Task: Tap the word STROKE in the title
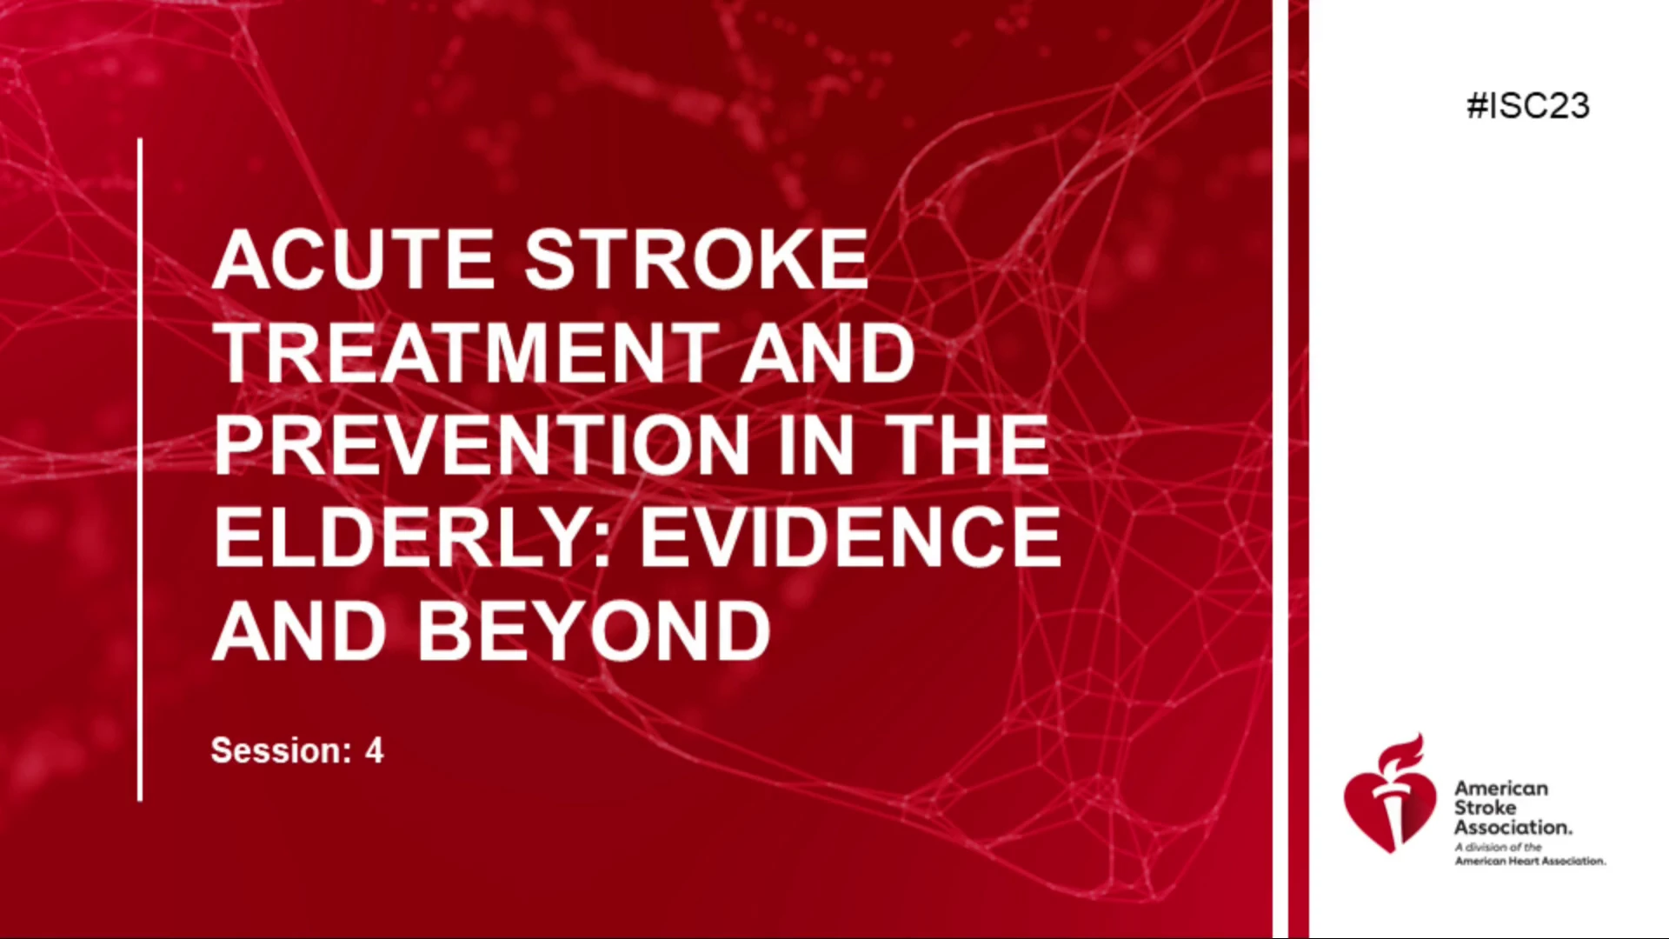click(696, 259)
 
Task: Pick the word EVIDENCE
click(851, 537)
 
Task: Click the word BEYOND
click(595, 630)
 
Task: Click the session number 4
click(375, 750)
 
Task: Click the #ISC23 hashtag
click(1528, 106)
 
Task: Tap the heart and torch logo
click(1390, 793)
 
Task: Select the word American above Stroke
click(1501, 789)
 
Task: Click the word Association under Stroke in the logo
click(1513, 827)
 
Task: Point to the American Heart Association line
click(1531, 861)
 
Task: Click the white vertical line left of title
click(140, 469)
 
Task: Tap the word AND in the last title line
click(300, 630)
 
